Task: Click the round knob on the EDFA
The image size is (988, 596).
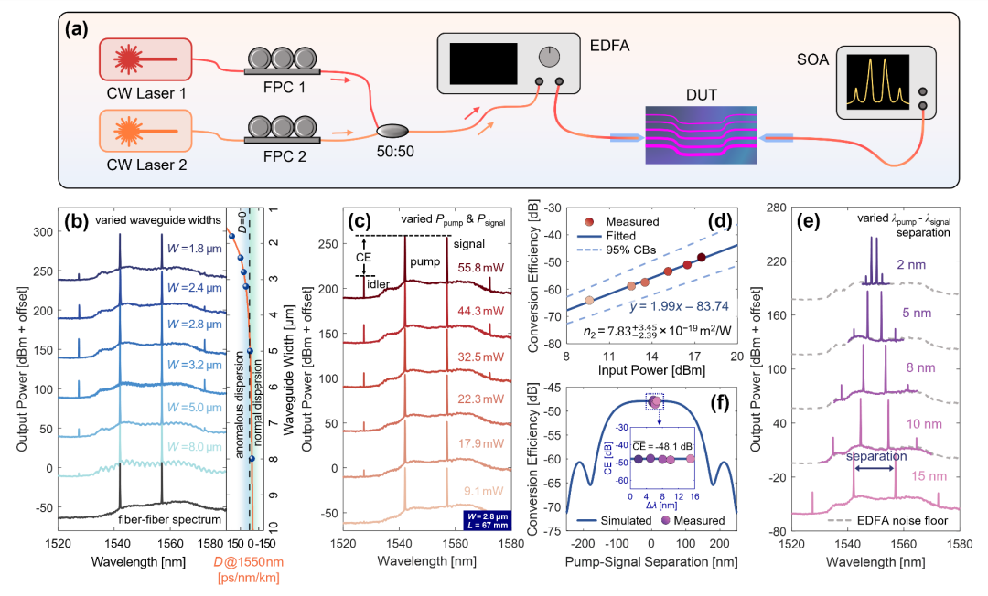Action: point(548,57)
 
